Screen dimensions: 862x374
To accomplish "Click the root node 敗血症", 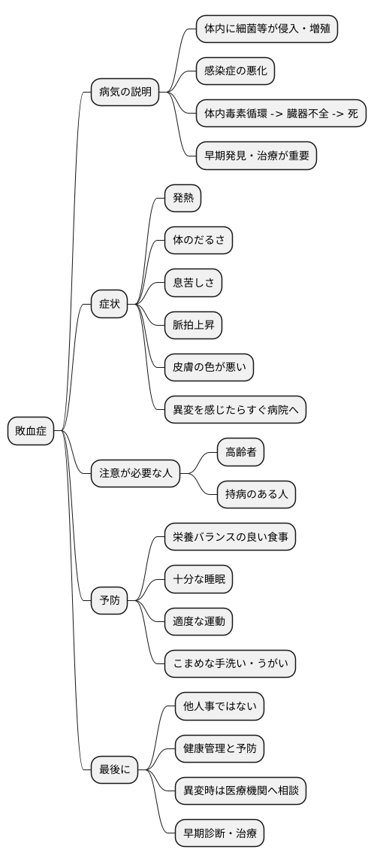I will coord(31,431).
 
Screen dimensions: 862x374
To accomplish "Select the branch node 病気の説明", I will coord(125,93).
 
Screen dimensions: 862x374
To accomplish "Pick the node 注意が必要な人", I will coord(136,473).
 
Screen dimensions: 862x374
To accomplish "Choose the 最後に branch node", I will coord(114,769).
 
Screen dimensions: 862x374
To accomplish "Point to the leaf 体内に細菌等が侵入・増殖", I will coord(267,29).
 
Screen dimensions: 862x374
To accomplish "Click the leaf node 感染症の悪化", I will coord(235,71).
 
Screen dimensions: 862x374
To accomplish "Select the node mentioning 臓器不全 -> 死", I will coord(281,114).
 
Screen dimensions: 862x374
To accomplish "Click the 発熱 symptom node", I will coord(183,199).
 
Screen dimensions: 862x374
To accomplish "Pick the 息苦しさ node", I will coord(194,283).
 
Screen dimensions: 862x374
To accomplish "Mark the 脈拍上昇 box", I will coord(194,325).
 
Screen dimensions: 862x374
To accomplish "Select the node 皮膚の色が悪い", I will coord(210,367).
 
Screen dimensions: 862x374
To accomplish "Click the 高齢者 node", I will coord(240,452).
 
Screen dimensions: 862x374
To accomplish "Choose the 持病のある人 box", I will coord(256,494).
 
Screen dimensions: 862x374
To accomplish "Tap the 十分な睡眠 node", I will coord(199,579).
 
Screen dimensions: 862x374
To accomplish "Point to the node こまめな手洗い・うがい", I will coord(231,663).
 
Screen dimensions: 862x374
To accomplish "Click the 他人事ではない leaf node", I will coord(219,706).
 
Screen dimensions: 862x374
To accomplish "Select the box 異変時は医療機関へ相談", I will coord(240,791).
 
